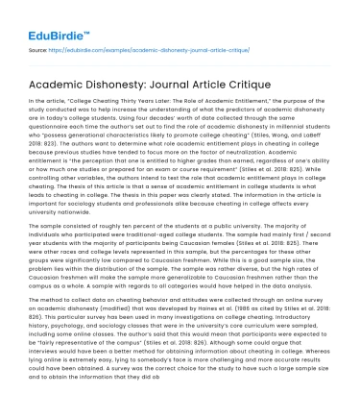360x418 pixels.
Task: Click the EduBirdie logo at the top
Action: tap(45, 16)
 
